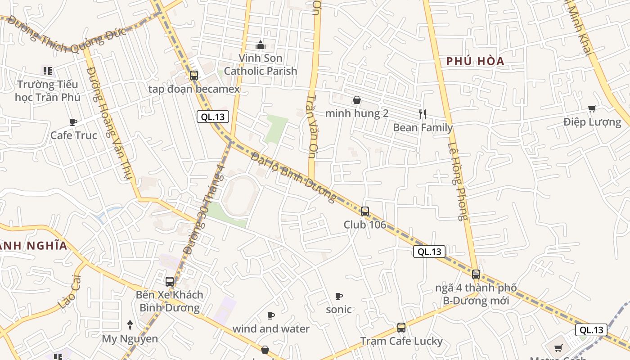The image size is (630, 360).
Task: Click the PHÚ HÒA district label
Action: point(475,61)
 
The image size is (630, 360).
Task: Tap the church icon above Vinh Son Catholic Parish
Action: point(260,45)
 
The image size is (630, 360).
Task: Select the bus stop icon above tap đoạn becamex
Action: point(194,75)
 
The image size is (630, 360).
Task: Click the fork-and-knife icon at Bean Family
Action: point(422,114)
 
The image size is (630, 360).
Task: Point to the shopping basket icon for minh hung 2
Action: point(357,100)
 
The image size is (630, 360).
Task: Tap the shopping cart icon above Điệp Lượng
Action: point(592,108)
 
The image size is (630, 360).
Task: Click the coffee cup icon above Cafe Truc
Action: point(73,122)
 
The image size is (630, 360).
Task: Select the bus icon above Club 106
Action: point(365,211)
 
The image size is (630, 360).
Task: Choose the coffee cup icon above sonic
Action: point(339,296)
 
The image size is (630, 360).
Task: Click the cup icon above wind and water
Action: point(271,315)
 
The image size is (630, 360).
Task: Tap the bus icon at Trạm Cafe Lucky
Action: point(401,328)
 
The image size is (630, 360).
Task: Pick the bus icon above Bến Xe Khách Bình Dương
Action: point(170,281)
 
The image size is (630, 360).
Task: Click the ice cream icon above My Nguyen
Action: point(130,325)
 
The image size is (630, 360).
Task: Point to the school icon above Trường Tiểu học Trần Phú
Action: point(48,71)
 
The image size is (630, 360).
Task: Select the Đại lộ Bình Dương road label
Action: point(293,177)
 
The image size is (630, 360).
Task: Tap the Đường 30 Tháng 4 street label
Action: point(205,210)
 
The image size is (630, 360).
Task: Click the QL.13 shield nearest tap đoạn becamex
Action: point(213,117)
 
